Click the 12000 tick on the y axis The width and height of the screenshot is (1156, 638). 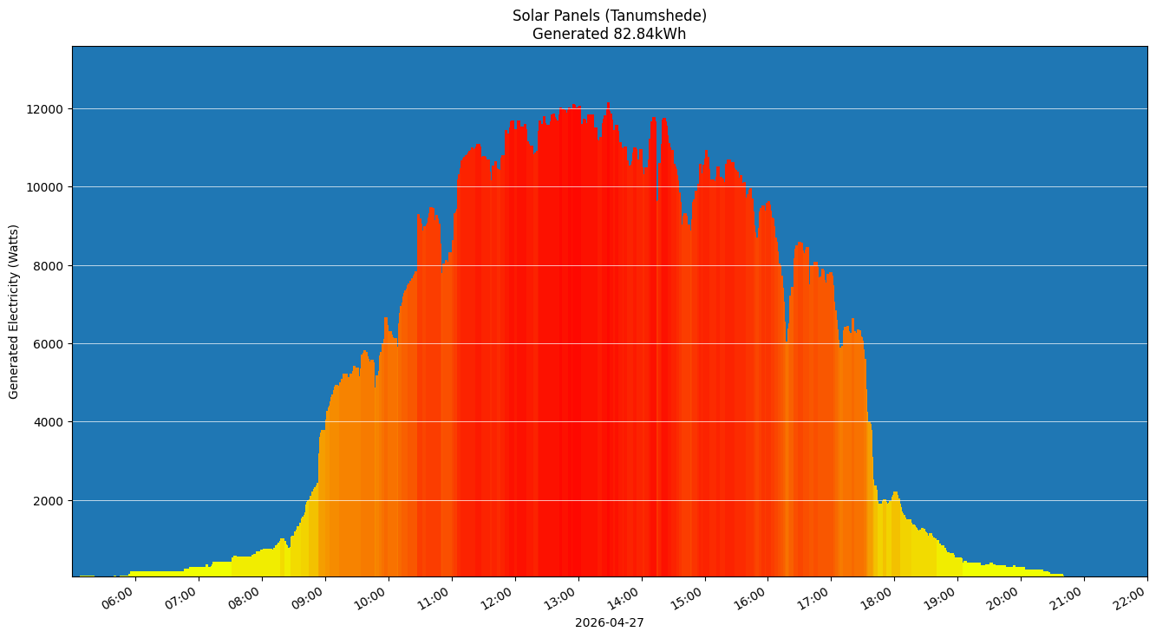point(45,109)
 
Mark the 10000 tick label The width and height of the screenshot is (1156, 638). point(45,187)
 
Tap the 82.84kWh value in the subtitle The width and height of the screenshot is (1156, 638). point(646,35)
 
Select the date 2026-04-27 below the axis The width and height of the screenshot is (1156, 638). point(609,622)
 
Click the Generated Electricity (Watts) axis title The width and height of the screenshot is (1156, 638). point(14,311)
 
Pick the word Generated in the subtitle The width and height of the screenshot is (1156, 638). point(567,35)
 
